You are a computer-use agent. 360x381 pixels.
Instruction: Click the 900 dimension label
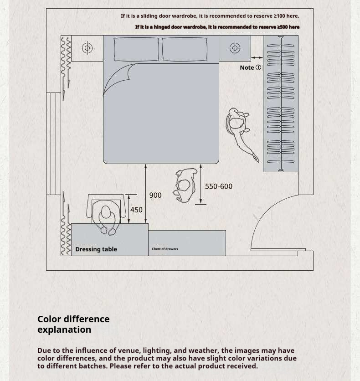155,195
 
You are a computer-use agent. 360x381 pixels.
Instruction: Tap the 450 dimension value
136,210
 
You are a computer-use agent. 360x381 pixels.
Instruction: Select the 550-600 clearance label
219,186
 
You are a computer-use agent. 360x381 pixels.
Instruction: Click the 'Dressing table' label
96,249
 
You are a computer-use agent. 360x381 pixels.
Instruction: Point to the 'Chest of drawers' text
165,249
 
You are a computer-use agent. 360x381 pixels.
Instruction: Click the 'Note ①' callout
251,67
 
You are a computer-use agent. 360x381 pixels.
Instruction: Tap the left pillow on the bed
136,49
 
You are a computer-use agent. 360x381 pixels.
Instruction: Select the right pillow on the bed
185,49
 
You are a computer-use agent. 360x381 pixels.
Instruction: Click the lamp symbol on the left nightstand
87,48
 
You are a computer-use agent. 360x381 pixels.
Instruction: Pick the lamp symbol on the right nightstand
235,48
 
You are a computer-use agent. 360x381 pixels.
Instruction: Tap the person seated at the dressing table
106,216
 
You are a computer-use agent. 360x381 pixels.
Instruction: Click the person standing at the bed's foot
185,185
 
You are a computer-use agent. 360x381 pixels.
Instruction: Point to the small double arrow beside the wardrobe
257,57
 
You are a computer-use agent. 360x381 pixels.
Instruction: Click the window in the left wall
53,144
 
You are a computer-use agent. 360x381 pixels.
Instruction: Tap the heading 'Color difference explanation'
73,324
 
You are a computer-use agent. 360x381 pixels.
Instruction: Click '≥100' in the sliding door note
279,16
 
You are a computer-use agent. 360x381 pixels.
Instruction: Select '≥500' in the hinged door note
282,27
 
